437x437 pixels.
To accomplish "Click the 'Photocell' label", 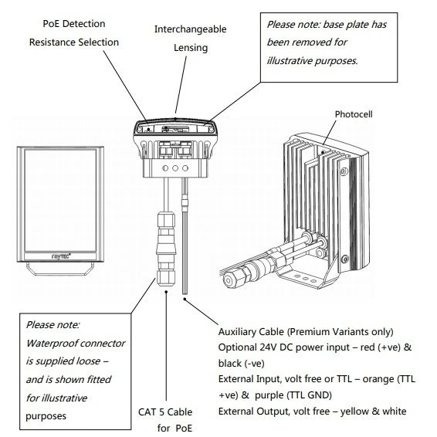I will [x=354, y=113].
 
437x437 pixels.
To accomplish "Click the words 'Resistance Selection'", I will [x=74, y=42].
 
